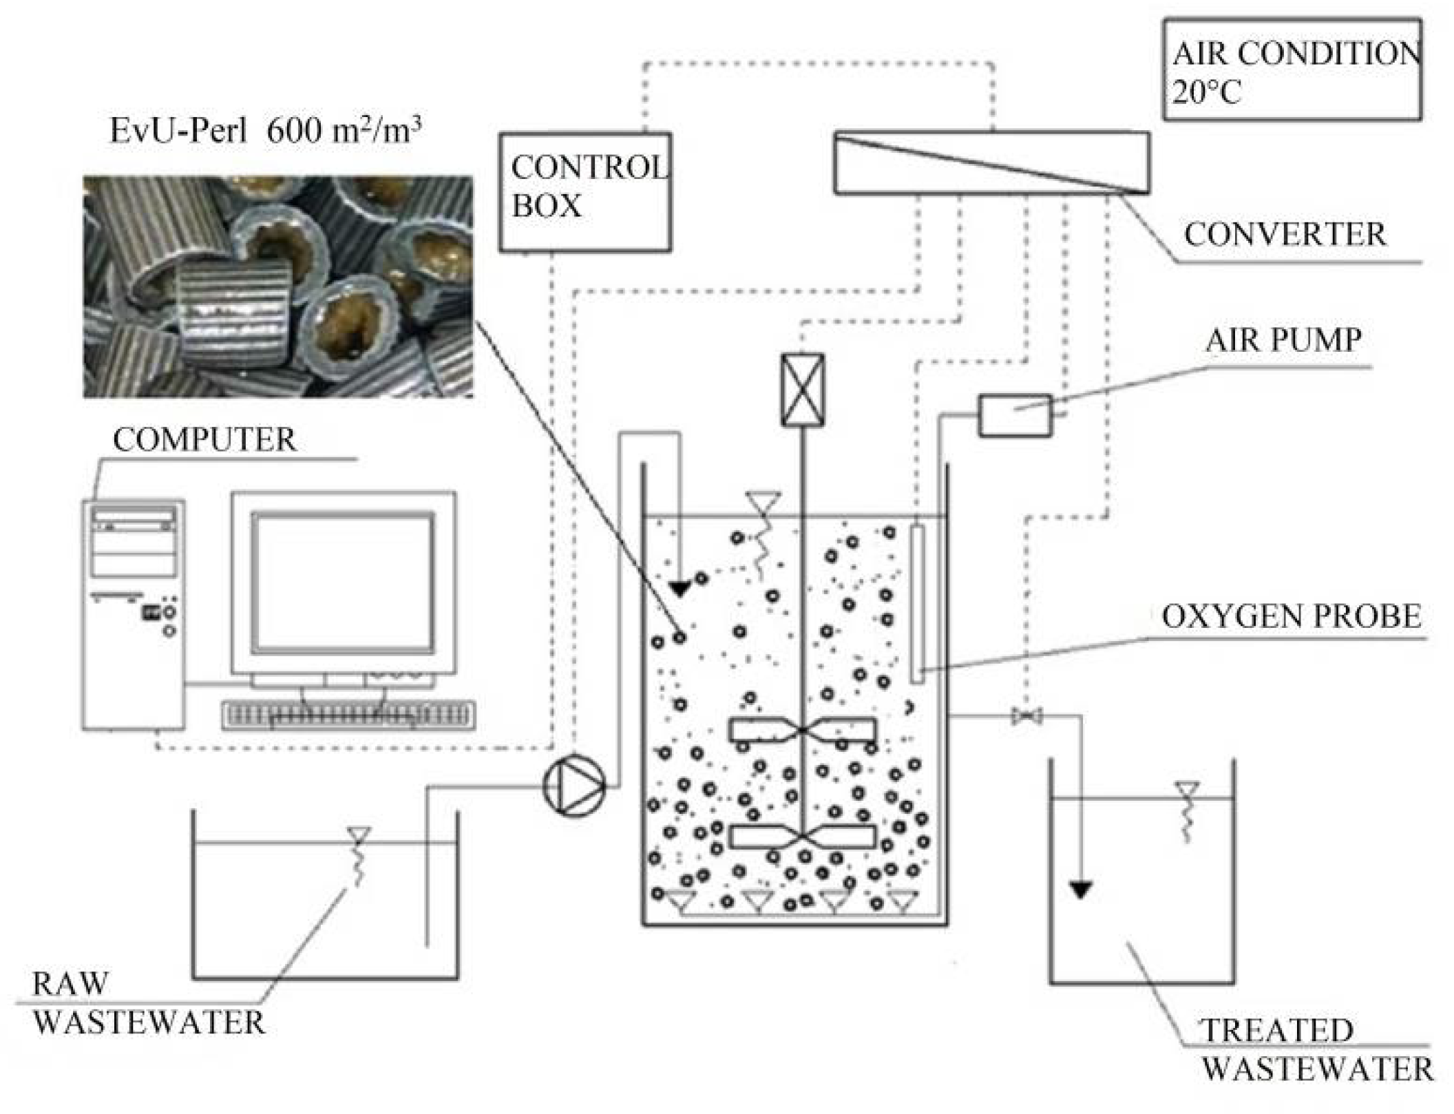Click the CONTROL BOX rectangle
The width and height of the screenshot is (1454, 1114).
click(x=585, y=193)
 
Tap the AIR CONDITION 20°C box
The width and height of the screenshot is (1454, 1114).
click(x=1293, y=70)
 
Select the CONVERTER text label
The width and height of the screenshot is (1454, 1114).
click(x=1285, y=235)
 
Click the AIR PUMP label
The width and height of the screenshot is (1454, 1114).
click(x=1283, y=341)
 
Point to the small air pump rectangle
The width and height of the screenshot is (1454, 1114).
click(x=1015, y=415)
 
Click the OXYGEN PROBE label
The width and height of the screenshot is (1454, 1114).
click(x=1292, y=616)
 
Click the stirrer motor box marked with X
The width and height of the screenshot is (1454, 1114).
click(x=803, y=390)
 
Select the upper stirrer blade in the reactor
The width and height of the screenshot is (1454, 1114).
click(x=803, y=730)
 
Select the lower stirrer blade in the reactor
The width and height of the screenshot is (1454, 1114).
click(x=803, y=837)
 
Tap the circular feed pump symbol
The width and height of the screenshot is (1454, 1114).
click(x=574, y=786)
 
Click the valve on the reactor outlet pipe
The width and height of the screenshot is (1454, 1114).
click(x=1026, y=717)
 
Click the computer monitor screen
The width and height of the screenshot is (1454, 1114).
click(x=343, y=582)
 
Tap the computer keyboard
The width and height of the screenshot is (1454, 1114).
click(x=348, y=715)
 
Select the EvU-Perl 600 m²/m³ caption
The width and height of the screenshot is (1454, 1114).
click(x=266, y=130)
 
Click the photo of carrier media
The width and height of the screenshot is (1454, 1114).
click(x=278, y=286)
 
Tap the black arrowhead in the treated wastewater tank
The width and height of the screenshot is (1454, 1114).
click(x=1081, y=890)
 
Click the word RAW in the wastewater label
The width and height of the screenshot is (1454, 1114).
click(x=70, y=984)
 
